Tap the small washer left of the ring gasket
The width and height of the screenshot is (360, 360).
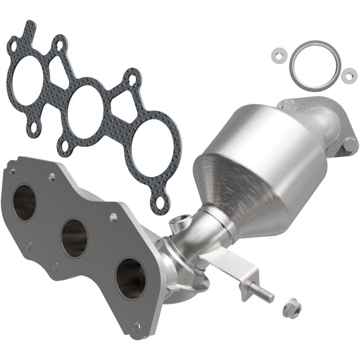pyautogui.click(x=276, y=55)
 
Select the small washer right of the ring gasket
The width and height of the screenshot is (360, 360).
pyautogui.click(x=347, y=76)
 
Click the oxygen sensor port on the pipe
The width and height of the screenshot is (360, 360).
pyautogui.click(x=181, y=220)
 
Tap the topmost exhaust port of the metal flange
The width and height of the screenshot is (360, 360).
pyautogui.click(x=25, y=202)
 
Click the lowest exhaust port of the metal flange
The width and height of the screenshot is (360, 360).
pyautogui.click(x=131, y=277)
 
